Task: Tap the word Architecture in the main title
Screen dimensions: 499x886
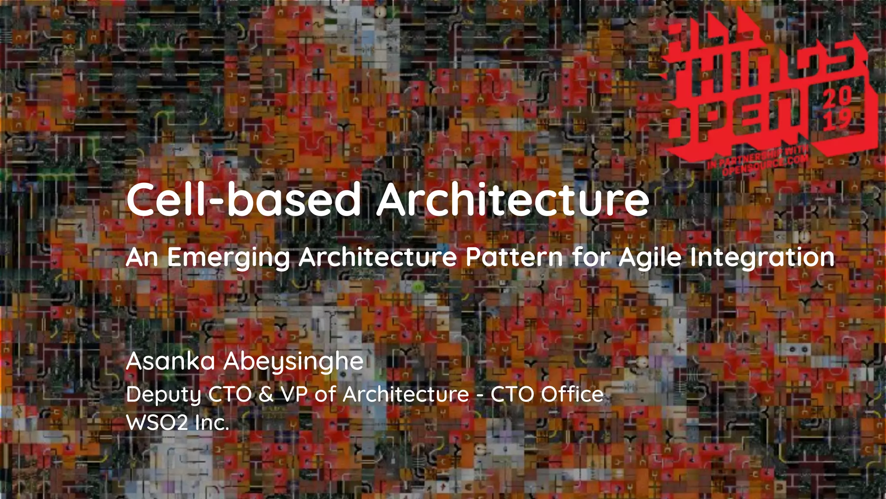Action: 513,199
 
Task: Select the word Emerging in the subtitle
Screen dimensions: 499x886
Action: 228,258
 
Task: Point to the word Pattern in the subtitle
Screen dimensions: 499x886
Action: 514,257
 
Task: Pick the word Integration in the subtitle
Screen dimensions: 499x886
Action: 762,258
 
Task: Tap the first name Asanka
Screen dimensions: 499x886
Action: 170,361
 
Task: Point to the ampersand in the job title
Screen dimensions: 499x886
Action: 266,394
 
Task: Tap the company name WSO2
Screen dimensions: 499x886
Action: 157,422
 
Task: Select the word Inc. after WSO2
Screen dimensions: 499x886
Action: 212,422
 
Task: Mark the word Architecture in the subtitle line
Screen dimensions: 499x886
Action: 377,257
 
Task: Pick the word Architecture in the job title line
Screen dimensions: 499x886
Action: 406,394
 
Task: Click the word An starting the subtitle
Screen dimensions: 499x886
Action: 141,257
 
